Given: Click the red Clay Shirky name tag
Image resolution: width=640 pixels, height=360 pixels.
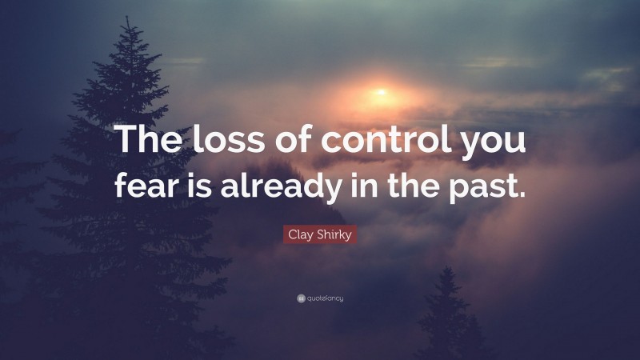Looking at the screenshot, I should [x=319, y=234].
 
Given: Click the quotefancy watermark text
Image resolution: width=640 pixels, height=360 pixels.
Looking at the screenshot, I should [x=325, y=298].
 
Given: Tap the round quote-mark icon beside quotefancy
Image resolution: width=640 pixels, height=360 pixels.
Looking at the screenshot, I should [x=300, y=298].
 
